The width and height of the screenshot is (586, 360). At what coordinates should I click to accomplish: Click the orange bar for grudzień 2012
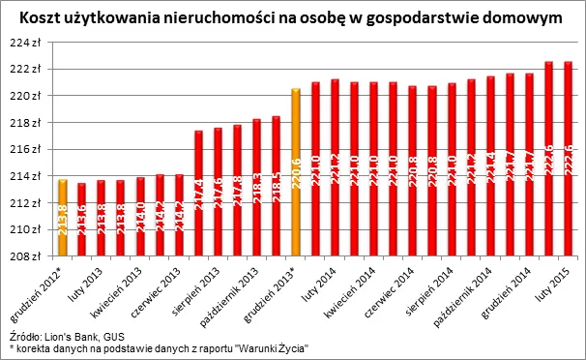[63, 219]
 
